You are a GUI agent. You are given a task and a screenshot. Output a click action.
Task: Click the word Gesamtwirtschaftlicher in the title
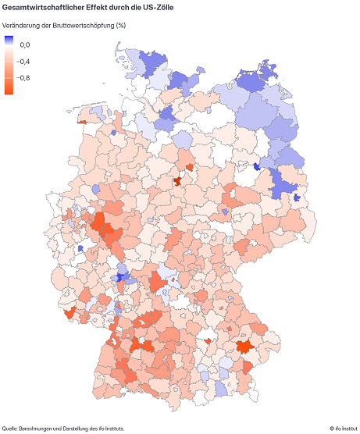point(39,7)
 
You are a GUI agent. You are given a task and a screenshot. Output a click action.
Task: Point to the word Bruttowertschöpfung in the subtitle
point(74,25)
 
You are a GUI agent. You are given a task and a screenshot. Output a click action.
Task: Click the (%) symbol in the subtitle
point(120,25)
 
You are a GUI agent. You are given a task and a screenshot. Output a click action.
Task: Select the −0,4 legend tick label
point(25,62)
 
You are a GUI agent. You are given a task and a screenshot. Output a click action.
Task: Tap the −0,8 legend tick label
point(25,77)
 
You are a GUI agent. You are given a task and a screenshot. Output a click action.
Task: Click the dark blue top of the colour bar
point(9,39)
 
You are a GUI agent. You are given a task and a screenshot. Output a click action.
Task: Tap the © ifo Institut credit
point(341,428)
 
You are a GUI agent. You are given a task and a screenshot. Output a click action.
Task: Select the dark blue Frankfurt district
point(120,276)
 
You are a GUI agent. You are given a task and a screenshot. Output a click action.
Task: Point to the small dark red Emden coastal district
point(82,122)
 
